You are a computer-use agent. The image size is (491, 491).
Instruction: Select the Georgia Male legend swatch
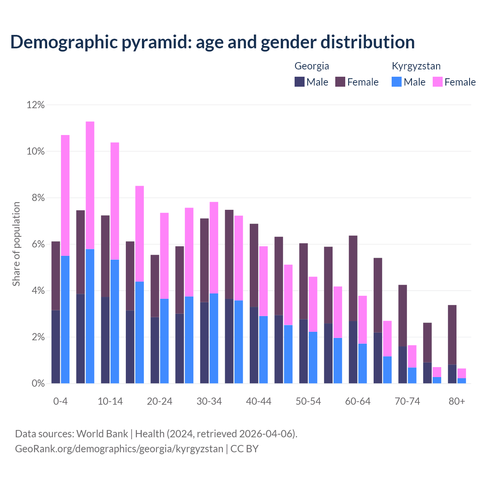click(300, 82)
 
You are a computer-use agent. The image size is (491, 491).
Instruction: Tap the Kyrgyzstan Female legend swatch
click(437, 82)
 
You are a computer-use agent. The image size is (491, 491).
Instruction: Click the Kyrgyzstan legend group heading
click(416, 66)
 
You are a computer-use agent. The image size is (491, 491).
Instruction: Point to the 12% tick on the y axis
click(35, 105)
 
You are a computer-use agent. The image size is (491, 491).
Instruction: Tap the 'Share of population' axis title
click(16, 244)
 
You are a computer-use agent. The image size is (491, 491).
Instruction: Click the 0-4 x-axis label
click(61, 402)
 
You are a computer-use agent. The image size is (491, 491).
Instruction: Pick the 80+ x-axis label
click(457, 402)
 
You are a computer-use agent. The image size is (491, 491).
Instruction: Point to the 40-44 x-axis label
click(259, 402)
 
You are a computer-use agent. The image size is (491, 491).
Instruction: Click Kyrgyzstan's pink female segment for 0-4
click(65, 195)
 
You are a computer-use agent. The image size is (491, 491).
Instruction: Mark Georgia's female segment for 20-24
click(155, 286)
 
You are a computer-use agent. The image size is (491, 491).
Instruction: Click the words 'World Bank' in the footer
click(102, 434)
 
